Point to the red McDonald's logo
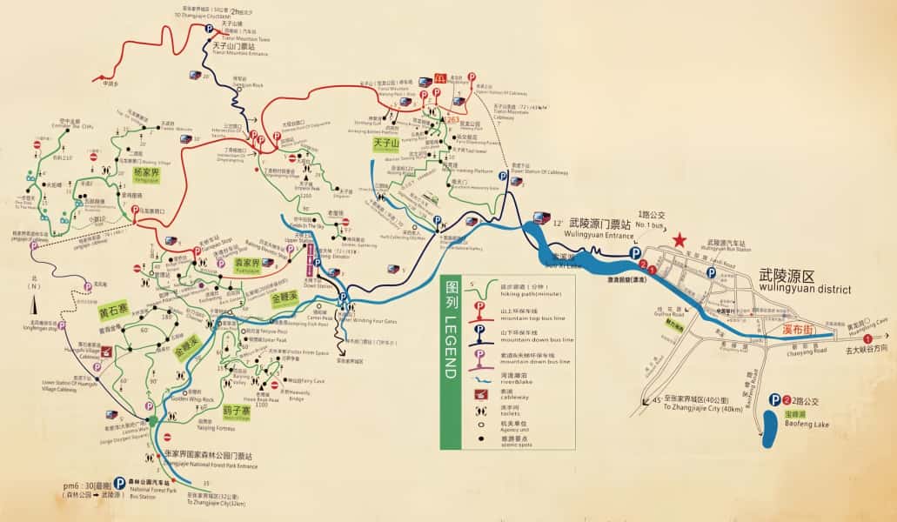coord(439,78)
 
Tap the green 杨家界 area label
coord(146,174)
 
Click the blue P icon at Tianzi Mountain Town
coord(209,29)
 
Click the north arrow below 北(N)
coord(34,304)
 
